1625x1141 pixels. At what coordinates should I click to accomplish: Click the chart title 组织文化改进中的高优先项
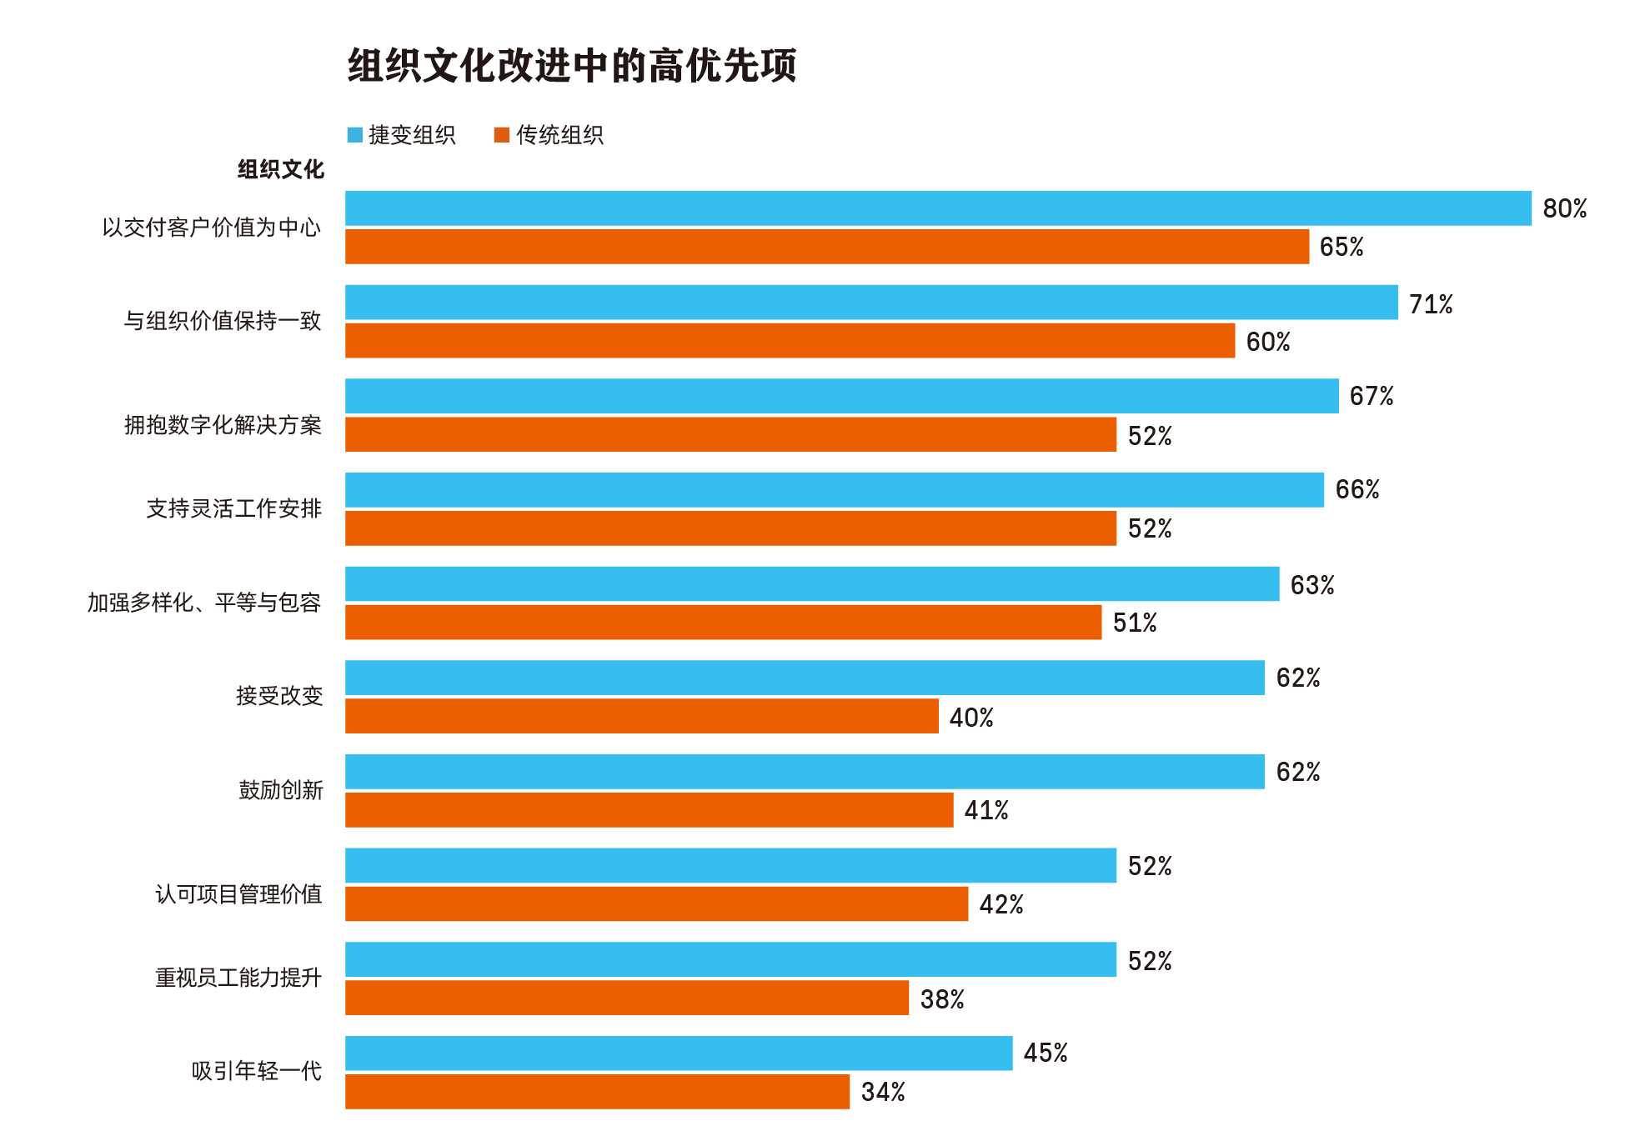coord(572,66)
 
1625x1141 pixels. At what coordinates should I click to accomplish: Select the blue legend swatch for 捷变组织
coord(355,135)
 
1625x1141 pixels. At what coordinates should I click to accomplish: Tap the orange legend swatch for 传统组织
coord(502,135)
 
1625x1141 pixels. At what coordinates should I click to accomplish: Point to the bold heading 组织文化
coord(281,170)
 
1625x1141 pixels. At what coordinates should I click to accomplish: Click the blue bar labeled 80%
coord(938,208)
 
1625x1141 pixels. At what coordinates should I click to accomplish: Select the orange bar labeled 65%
coord(827,247)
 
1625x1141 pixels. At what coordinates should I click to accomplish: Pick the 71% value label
coord(1431,304)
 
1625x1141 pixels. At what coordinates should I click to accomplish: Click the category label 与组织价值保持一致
coord(223,321)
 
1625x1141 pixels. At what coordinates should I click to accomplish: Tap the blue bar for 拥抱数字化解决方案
coord(842,396)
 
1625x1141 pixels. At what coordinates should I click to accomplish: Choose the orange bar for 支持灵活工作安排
coord(730,528)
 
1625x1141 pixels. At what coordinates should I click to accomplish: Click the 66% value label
coord(1357,490)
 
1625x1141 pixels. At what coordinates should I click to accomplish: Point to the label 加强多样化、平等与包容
coord(204,603)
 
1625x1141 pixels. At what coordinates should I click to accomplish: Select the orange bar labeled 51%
coord(723,623)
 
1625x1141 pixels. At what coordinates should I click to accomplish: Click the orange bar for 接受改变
coord(642,716)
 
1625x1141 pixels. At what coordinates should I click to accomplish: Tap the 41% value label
coord(986,810)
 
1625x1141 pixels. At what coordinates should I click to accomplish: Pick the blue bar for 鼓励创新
coord(805,772)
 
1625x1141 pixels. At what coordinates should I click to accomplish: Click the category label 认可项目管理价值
coord(239,894)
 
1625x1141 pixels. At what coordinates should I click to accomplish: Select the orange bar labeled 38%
coord(627,998)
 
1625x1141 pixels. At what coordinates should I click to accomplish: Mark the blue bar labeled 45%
coord(679,1053)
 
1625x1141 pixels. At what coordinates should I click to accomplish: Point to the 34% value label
coord(883,1092)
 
